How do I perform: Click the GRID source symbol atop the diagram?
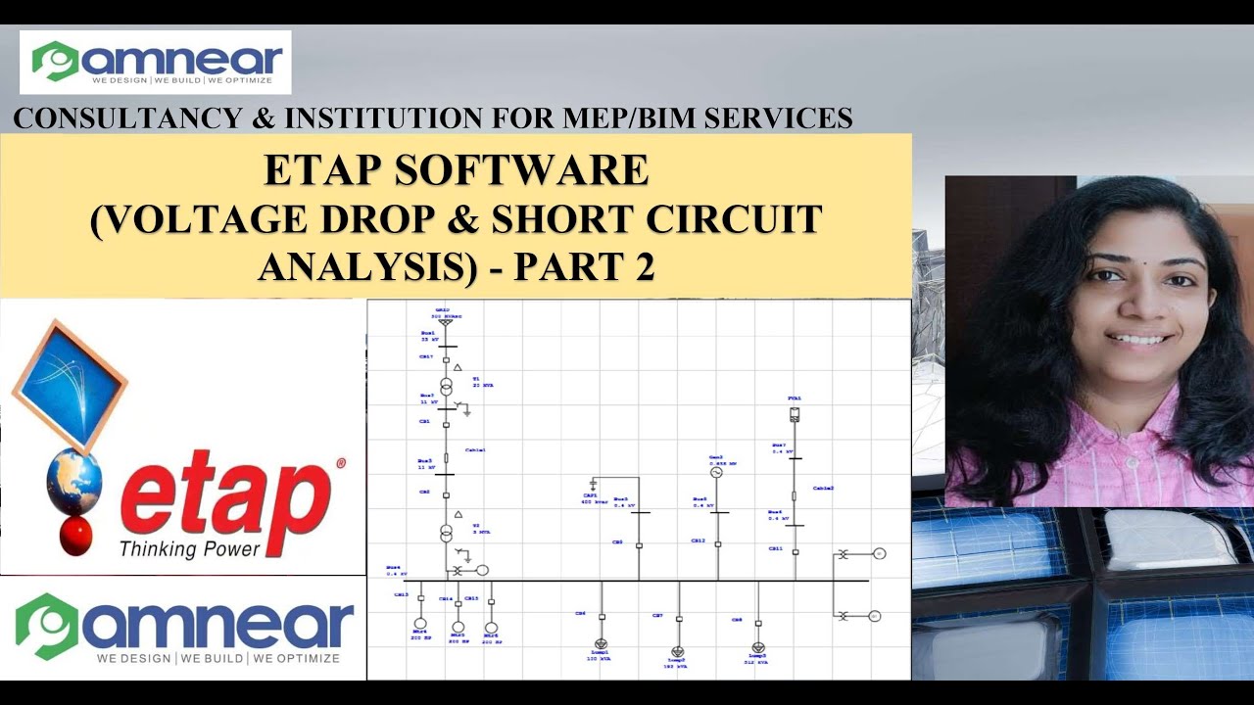tap(446, 321)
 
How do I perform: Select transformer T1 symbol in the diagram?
tap(446, 385)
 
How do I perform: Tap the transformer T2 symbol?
tap(446, 534)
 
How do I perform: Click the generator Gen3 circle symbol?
tap(716, 472)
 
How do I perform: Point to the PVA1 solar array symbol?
tap(795, 414)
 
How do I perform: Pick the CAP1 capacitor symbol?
tap(593, 484)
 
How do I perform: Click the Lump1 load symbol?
tap(601, 644)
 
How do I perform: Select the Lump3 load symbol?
tap(757, 647)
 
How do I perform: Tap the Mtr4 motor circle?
tap(420, 624)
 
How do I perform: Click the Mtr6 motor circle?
tap(491, 627)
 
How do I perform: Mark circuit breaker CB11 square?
tap(795, 552)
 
